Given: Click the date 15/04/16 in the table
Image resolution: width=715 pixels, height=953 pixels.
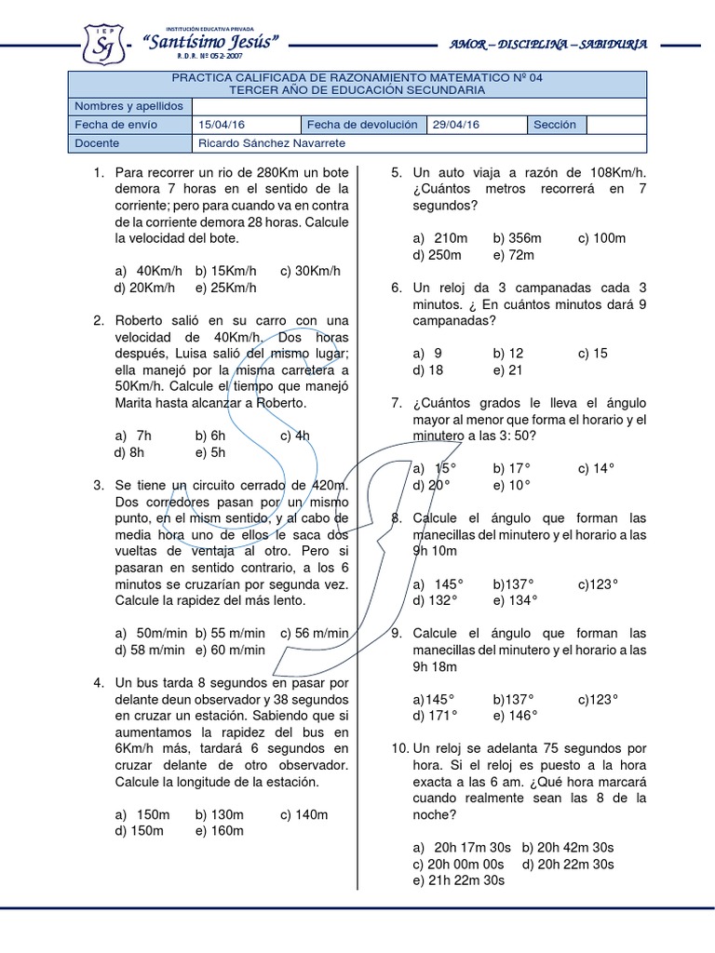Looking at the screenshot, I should (x=222, y=125).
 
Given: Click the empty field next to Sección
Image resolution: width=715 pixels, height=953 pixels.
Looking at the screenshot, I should (x=616, y=125).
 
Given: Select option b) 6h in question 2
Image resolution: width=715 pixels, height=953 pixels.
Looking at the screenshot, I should (x=211, y=435).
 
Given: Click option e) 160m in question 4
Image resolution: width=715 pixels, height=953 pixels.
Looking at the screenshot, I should (x=219, y=830).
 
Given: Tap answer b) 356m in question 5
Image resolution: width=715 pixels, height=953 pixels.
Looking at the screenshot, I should (x=518, y=238).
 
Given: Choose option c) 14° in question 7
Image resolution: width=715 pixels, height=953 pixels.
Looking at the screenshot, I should (x=597, y=468).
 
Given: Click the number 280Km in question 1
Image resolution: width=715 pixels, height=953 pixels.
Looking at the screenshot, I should (x=281, y=173).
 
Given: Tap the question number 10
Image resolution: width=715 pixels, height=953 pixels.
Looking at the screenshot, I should (x=399, y=748).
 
